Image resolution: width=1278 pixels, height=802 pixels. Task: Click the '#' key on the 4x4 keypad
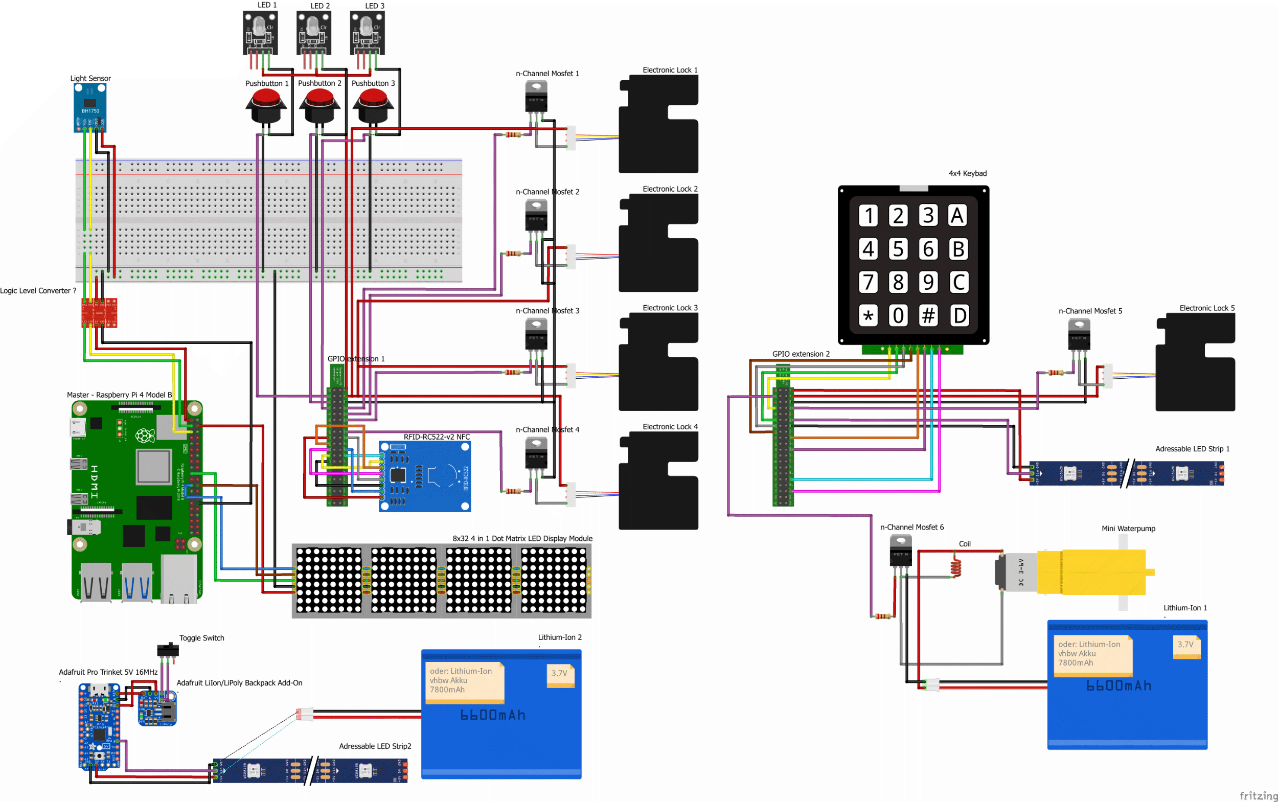click(x=928, y=315)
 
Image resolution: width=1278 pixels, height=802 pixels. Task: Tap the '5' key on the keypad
click(x=898, y=249)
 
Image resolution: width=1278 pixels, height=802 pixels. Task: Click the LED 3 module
click(x=367, y=33)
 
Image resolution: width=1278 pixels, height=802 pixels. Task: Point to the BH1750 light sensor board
click(x=89, y=108)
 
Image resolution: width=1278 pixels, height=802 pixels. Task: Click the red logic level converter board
click(x=99, y=312)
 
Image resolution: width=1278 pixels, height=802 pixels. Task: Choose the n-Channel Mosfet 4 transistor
click(x=536, y=454)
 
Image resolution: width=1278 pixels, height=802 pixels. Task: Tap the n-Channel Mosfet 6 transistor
click(x=900, y=552)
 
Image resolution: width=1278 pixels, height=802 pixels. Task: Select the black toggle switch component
click(x=168, y=650)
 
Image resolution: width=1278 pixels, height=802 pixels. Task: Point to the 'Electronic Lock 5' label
click(x=1207, y=308)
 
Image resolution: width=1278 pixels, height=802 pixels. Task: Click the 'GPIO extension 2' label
click(x=801, y=354)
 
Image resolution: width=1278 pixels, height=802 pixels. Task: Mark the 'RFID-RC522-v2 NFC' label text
click(x=437, y=437)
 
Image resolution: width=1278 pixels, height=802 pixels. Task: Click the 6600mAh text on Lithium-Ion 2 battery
click(x=493, y=715)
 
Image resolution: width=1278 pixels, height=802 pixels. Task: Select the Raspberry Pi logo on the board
click(x=145, y=436)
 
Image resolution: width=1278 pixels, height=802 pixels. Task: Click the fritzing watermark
click(x=1258, y=796)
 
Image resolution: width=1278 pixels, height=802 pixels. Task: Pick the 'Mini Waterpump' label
click(x=1128, y=529)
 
